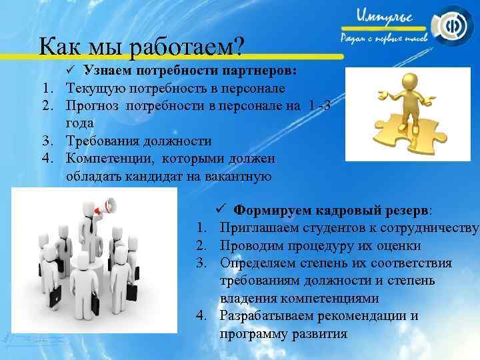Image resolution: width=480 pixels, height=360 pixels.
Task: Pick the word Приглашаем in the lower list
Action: coord(256,229)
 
